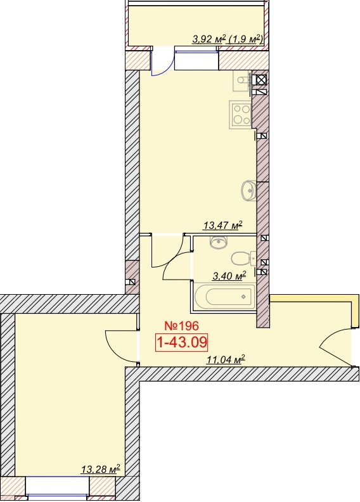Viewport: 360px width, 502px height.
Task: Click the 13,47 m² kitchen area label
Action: pyautogui.click(x=222, y=226)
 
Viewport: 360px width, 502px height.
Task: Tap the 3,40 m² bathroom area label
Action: pyautogui.click(x=229, y=276)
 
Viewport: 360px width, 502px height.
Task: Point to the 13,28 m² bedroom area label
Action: pyautogui.click(x=101, y=470)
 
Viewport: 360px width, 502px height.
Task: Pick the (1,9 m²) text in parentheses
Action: pyautogui.click(x=245, y=39)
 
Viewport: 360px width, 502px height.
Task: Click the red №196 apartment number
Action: pyautogui.click(x=181, y=326)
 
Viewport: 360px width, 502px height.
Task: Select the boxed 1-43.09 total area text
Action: pyautogui.click(x=181, y=342)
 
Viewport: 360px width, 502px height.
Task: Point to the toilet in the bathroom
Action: pyautogui.click(x=244, y=259)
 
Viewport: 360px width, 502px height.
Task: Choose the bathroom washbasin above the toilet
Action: pyautogui.click(x=219, y=242)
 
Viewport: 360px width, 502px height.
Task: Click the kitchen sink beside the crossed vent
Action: pyautogui.click(x=243, y=80)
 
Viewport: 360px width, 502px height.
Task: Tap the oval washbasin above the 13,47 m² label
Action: pyautogui.click(x=249, y=191)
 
